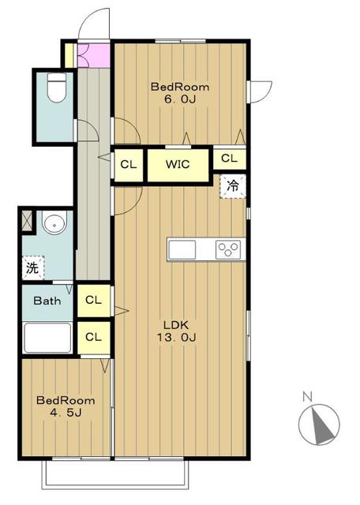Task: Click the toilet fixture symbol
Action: coord(56,87)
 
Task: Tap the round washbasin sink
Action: coord(54,223)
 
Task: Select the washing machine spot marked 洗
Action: coord(32,267)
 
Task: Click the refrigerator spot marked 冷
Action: coord(233,186)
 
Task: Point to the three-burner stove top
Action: coord(228,249)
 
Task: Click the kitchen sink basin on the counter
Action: coord(182,249)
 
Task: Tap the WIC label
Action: coord(178,164)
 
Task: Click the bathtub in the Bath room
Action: coord(47,338)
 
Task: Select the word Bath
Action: coord(47,301)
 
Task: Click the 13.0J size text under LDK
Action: coord(177,338)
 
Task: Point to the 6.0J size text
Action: coord(180,99)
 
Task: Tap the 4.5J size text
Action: coord(66,412)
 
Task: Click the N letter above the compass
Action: coord(308,396)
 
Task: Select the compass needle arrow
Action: coord(322,425)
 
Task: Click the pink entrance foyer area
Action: coord(94,55)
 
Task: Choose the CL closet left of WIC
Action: coord(129,165)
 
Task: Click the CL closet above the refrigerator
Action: coord(230,158)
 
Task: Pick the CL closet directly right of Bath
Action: coord(93,300)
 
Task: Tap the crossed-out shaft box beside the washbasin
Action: coord(27,221)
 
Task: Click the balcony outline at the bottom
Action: coord(114,486)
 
